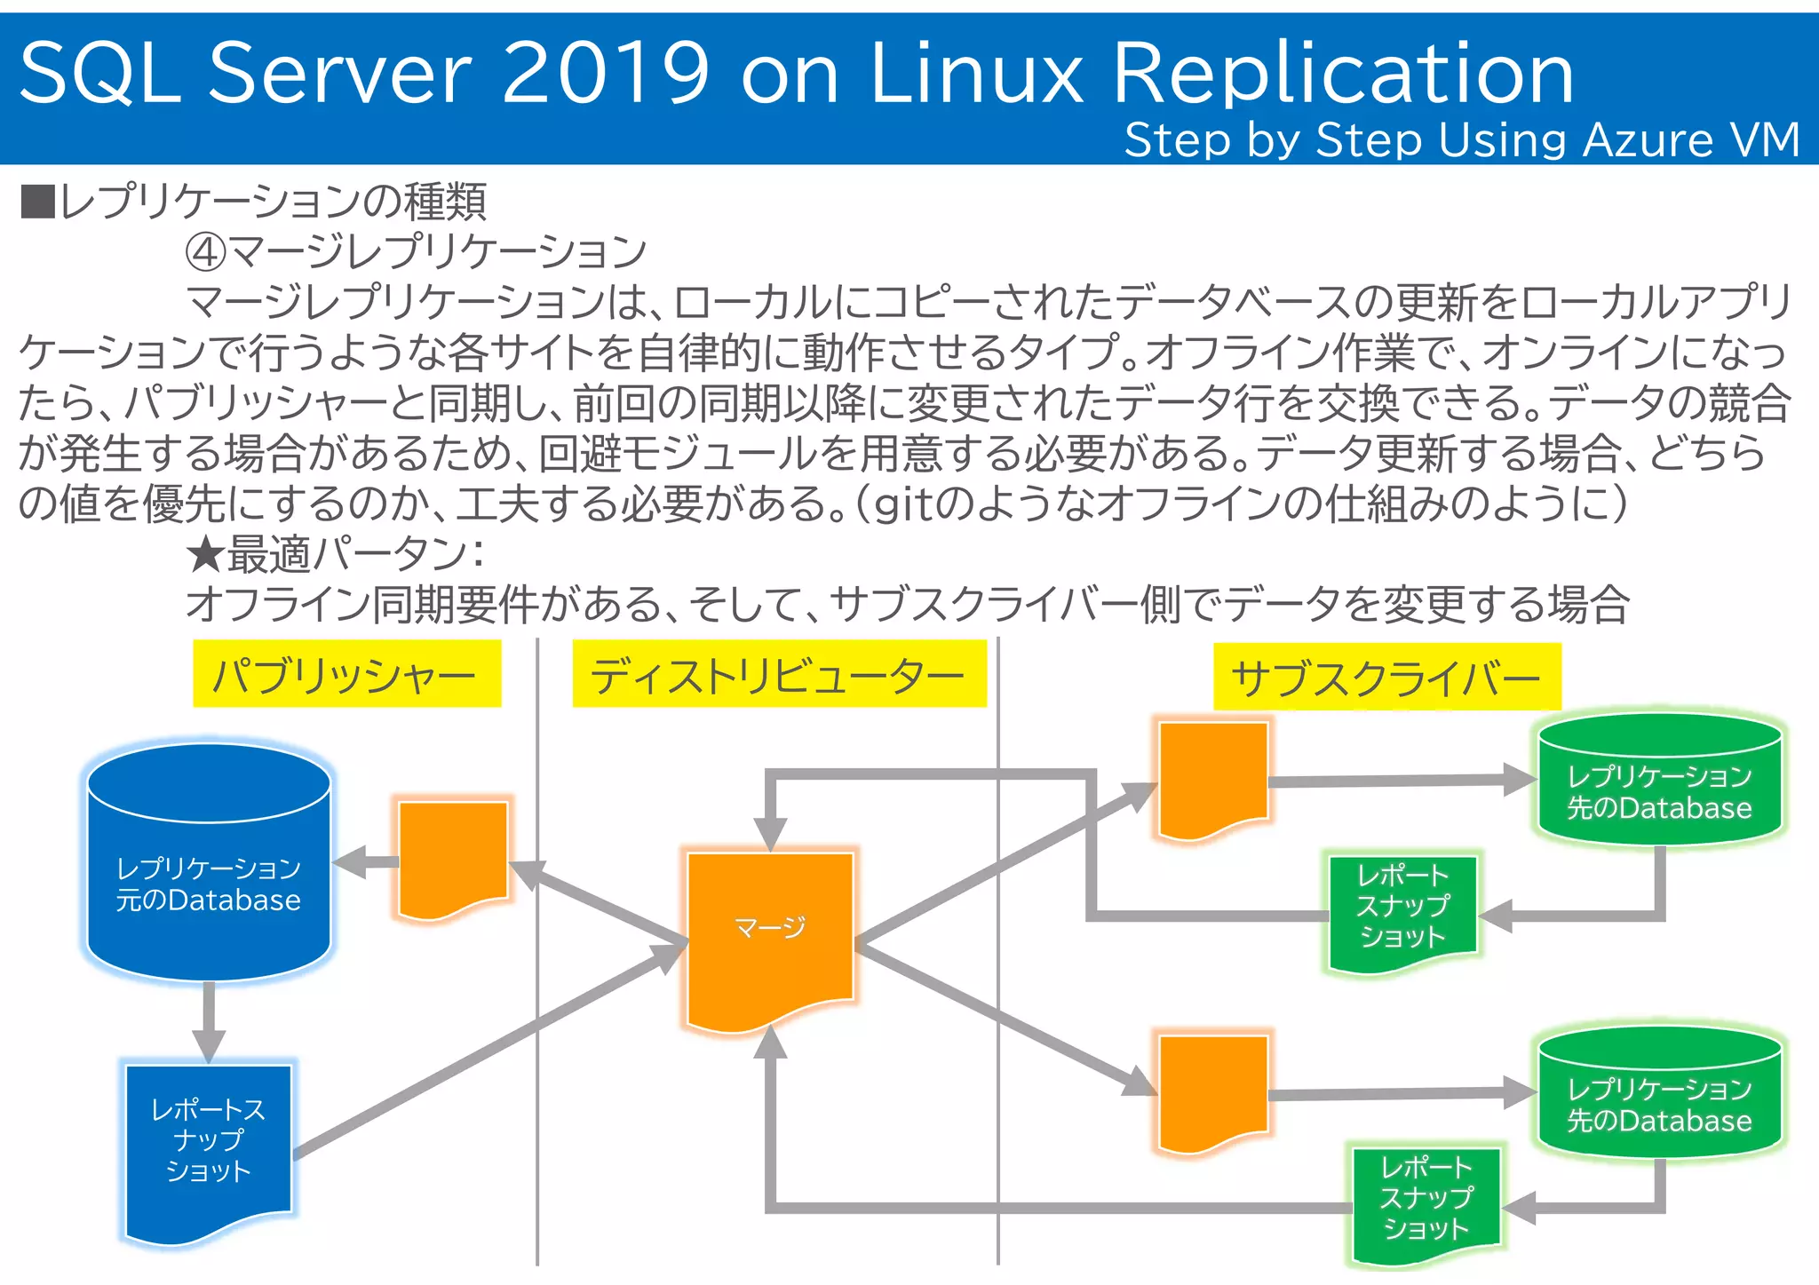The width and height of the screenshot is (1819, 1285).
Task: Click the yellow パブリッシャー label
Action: click(x=346, y=674)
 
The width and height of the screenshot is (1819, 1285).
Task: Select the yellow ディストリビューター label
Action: click(x=779, y=674)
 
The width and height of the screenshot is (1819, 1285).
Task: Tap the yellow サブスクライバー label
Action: click(x=1386, y=677)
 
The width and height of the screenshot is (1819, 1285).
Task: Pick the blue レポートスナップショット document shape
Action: click(x=209, y=1146)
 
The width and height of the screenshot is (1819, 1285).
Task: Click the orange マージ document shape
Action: click(x=770, y=932)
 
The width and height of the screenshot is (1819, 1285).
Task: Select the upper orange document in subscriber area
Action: click(x=1213, y=777)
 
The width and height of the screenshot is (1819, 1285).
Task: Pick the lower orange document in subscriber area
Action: click(x=1213, y=1090)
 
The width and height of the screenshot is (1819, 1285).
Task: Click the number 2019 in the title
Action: click(x=607, y=73)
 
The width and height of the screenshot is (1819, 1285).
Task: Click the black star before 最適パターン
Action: click(x=204, y=555)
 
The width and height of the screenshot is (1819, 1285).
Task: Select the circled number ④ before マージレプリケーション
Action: click(x=204, y=253)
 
